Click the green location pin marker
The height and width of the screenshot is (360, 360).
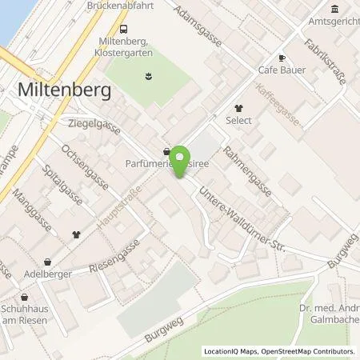[x=182, y=160]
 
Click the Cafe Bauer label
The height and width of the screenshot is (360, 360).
[x=280, y=70]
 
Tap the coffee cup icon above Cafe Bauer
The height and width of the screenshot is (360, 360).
[x=281, y=58]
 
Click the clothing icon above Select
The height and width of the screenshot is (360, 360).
[x=238, y=107]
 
